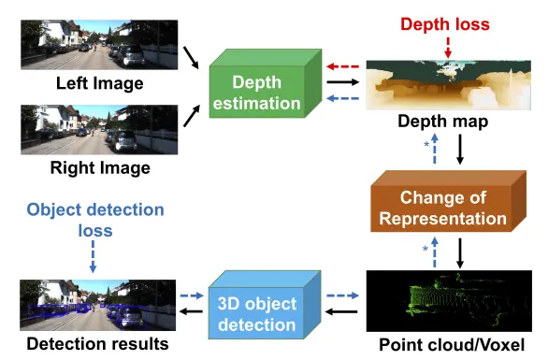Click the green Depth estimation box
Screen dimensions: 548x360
pos(265,84)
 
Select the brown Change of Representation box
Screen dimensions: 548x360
pos(448,201)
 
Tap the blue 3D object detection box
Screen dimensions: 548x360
pos(265,305)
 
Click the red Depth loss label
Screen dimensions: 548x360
pos(445,24)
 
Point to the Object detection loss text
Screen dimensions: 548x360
pos(95,220)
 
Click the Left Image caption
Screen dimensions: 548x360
pos(100,83)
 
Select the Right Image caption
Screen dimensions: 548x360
pos(100,167)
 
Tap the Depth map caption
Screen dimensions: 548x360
pos(443,122)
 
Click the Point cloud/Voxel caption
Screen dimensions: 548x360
pos(452,345)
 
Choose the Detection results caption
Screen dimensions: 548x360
pos(97,343)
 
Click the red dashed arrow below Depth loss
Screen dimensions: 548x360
pos(448,48)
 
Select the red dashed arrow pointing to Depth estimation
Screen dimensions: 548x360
pos(343,66)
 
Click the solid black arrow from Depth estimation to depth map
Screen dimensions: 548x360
pos(343,82)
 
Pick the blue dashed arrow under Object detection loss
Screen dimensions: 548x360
pos(93,256)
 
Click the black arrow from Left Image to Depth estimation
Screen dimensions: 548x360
pos(191,58)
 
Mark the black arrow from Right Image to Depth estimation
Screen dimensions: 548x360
pos(192,116)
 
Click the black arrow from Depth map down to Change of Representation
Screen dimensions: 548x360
pos(460,150)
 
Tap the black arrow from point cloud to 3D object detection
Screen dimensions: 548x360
pos(341,311)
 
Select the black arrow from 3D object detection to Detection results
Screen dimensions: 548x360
pos(191,311)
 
